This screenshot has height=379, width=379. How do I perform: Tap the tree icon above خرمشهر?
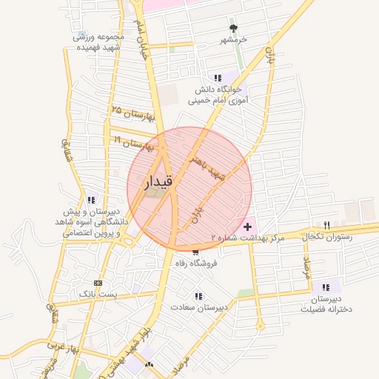tap(234, 28)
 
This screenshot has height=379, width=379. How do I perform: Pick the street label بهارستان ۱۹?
tap(133, 141)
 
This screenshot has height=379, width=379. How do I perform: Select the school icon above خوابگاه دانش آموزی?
tap(217, 78)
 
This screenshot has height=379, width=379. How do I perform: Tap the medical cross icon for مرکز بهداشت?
tap(246, 224)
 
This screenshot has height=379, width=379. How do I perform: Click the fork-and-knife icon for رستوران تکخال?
tap(326, 224)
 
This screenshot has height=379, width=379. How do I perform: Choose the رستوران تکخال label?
tap(326, 236)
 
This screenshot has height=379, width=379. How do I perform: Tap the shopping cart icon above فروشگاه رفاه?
tap(195, 252)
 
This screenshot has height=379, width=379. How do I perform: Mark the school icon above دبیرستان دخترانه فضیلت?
tap(325, 287)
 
